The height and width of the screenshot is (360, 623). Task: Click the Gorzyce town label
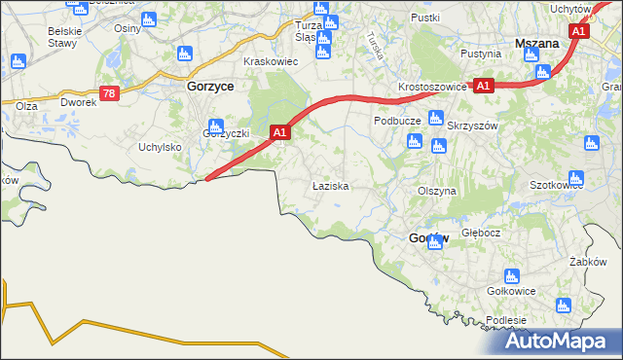(x=206, y=86)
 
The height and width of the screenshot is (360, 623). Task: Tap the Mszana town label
(x=535, y=44)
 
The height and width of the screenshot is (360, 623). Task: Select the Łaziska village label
(x=330, y=185)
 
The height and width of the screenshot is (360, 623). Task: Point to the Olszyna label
(x=436, y=192)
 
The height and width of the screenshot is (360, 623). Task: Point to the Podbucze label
(x=396, y=121)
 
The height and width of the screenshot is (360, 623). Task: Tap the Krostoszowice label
(x=432, y=87)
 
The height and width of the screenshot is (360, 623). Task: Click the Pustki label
(x=425, y=18)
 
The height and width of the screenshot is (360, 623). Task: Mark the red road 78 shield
(x=109, y=93)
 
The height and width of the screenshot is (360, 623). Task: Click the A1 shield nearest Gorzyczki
(x=279, y=131)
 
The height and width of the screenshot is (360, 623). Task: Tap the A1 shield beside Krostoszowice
(x=484, y=86)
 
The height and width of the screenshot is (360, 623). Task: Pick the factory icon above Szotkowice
(x=575, y=178)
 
